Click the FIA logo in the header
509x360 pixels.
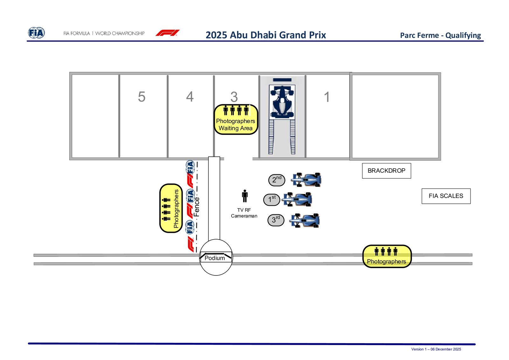(36, 33)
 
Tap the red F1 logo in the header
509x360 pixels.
(167, 33)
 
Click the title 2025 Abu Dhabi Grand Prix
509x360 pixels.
(266, 35)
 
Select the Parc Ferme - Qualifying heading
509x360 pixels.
(440, 35)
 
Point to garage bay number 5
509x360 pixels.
(142, 97)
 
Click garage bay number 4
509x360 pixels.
(190, 97)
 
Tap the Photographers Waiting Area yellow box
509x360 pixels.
(236, 120)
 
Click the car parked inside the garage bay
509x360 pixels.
(282, 101)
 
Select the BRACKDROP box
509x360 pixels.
(386, 170)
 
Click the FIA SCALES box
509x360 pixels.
(446, 196)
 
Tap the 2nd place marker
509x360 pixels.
(276, 180)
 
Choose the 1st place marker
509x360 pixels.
(272, 200)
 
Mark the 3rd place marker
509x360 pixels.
(275, 220)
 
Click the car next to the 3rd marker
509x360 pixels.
(304, 220)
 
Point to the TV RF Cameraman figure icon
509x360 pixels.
(245, 196)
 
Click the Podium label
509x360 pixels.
(214, 258)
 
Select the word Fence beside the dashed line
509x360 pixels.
(196, 207)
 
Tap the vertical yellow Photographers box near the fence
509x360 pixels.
(171, 208)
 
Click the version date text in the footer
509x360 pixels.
(436, 349)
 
